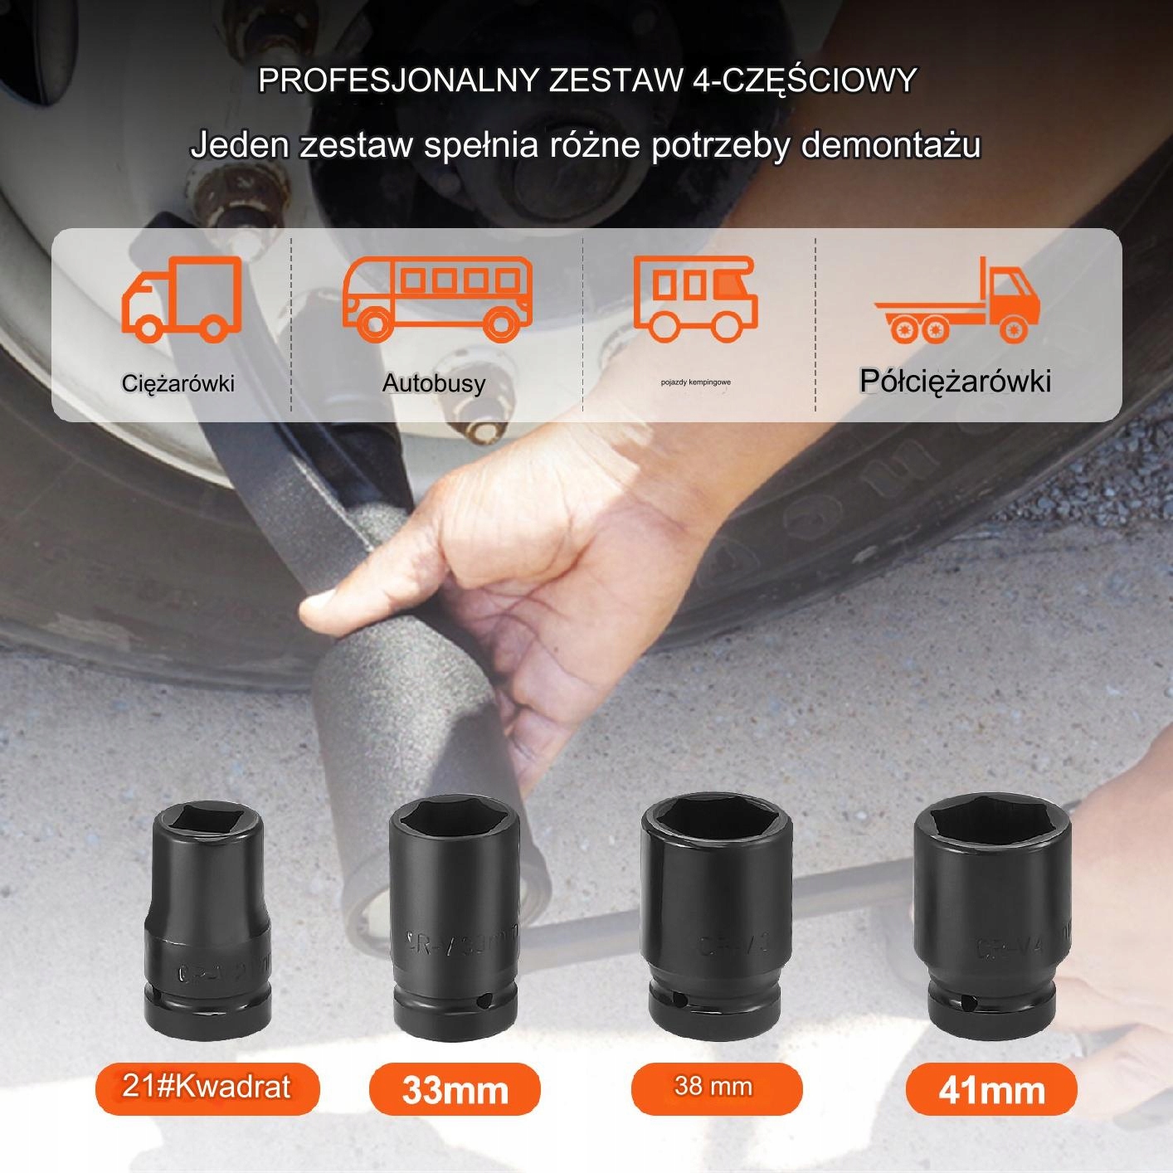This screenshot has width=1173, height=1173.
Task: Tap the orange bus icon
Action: pos(437,299)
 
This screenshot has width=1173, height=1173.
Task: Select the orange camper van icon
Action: pos(696,297)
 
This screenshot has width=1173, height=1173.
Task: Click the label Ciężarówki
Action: pos(178,383)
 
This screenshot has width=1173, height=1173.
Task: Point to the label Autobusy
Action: pos(434,383)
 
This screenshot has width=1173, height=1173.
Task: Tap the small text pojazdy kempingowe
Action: pos(696,382)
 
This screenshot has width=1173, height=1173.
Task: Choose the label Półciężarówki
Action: pos(955,381)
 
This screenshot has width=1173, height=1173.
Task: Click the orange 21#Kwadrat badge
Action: pos(207,1087)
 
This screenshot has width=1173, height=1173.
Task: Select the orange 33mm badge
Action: pos(455,1089)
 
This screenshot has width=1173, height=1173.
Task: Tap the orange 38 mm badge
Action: pos(715,1087)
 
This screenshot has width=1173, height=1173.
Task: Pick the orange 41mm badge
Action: pos(991,1089)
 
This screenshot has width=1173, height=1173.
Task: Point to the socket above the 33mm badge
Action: pos(454,917)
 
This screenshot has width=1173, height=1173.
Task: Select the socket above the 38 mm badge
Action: pos(716,913)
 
